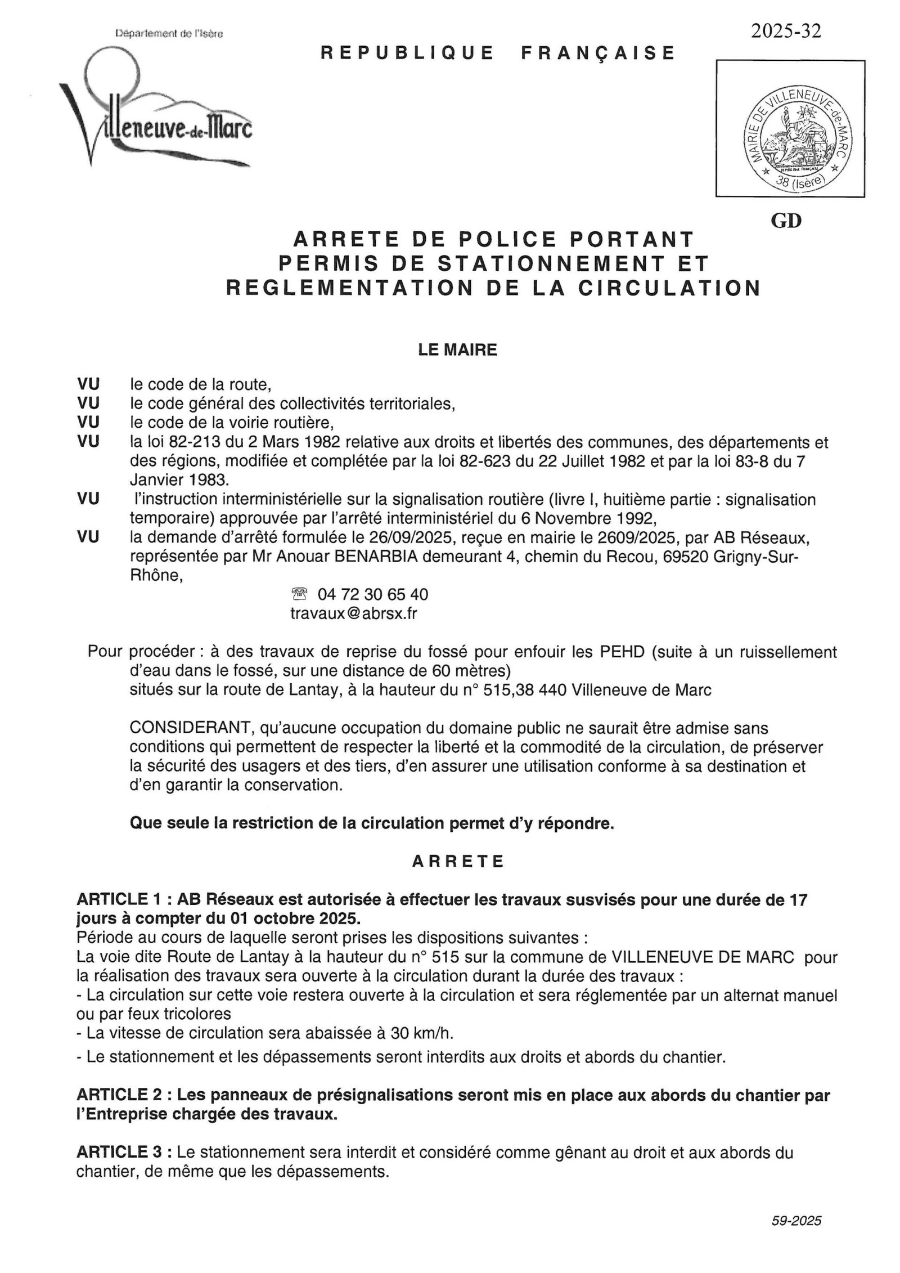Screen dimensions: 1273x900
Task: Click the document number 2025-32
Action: (786, 31)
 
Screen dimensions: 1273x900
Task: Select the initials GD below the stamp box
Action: (786, 221)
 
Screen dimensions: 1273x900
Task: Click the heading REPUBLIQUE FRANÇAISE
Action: (498, 53)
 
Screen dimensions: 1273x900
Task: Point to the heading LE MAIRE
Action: (457, 350)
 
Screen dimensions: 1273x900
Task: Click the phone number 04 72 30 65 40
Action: (372, 594)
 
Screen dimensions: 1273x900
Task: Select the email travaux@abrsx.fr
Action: (353, 613)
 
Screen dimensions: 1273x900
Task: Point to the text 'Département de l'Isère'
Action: (169, 34)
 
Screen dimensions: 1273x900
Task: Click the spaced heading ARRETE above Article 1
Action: (458, 861)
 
